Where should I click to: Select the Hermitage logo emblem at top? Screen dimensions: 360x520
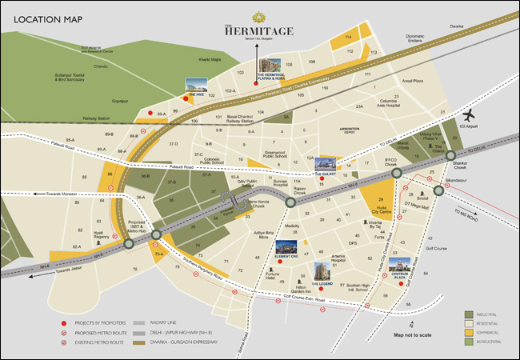[259, 17]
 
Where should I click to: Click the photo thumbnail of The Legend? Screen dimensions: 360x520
[322, 272]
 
